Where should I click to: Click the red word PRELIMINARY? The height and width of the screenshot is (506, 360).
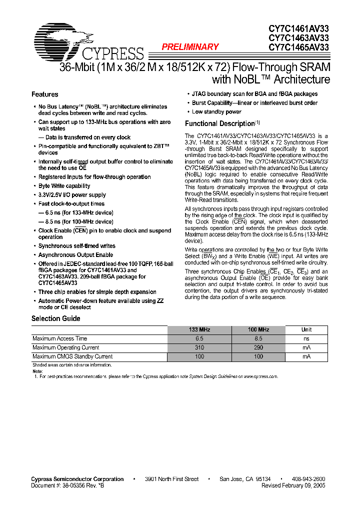(x=190, y=47)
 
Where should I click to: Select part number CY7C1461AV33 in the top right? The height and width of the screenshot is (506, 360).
(x=298, y=29)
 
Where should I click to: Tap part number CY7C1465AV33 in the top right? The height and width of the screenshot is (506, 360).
(x=298, y=47)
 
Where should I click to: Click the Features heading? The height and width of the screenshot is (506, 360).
(x=45, y=94)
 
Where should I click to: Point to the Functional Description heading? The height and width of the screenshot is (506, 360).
(x=220, y=123)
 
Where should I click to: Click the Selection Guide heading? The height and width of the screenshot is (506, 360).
(x=56, y=318)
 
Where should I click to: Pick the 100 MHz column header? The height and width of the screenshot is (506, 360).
(x=258, y=329)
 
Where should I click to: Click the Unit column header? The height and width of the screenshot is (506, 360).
(x=306, y=329)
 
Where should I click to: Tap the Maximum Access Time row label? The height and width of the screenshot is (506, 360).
(x=60, y=338)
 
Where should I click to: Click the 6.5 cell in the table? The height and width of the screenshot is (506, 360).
(x=199, y=338)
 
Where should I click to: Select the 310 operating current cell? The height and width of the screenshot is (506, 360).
(x=199, y=347)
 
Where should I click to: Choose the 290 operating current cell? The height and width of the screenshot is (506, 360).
(x=258, y=347)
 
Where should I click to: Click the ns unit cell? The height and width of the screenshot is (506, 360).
(x=306, y=338)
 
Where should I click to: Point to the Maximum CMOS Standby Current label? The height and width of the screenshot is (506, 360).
(x=72, y=356)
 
